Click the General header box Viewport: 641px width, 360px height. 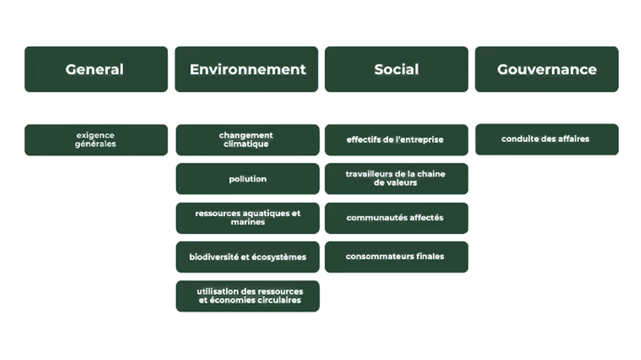coord(96,69)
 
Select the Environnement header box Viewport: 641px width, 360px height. coord(247,69)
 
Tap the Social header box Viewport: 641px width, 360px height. coord(396,69)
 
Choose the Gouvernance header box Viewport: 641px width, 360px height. coord(547,69)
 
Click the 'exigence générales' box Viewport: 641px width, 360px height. coord(96,140)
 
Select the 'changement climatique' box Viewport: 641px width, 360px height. coord(247,140)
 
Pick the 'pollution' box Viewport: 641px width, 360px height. coord(247,179)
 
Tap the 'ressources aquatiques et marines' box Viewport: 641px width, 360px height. coord(247,218)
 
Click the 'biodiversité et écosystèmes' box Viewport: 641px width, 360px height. coord(247,257)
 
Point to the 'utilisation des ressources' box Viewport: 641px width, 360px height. coord(247,296)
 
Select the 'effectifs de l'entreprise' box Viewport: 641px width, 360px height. coord(396,140)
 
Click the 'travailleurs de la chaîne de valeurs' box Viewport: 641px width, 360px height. coord(396,179)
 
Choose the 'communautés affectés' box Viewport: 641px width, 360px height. coord(396,218)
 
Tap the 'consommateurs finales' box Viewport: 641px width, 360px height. coord(396,257)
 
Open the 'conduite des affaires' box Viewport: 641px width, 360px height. coord(547,139)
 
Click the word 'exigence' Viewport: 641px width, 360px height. coord(96,135)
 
